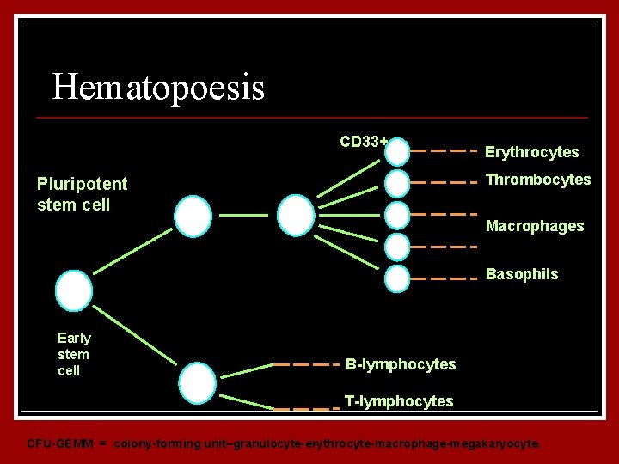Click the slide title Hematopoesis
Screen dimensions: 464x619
158,88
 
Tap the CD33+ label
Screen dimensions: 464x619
363,142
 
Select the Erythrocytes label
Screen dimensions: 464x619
531,152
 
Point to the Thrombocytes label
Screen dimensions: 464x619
538,180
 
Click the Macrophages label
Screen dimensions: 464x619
535,226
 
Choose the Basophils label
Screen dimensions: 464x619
522,274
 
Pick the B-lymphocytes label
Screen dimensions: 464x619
401,364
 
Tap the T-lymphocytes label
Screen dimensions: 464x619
399,401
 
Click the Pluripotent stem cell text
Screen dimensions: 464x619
82,194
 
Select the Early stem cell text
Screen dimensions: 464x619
74,354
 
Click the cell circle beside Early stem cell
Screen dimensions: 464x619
74,290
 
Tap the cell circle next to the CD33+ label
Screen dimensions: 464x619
397,152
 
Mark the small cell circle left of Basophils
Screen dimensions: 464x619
397,278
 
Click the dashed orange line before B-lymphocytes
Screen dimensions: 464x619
305,364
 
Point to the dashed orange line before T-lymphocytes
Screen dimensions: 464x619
305,408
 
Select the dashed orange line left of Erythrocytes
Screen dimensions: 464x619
443,150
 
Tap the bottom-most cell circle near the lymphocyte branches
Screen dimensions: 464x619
199,382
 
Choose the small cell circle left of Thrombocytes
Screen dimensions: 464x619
397,182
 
